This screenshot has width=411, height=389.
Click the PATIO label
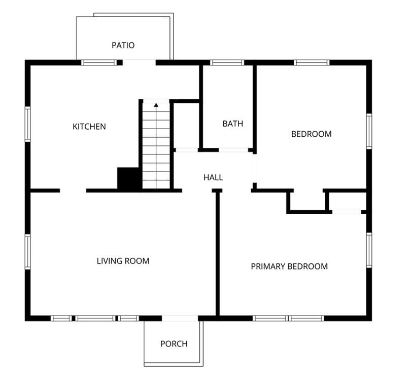coord(123,45)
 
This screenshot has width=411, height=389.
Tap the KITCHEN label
coord(89,127)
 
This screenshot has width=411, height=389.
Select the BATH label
coord(233,124)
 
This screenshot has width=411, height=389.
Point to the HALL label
coord(213,177)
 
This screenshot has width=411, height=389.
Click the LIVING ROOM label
coord(123,261)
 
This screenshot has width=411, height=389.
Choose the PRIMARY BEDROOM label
coord(289,266)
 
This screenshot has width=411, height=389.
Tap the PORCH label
coord(174,343)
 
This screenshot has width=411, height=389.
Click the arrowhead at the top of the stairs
coord(156,105)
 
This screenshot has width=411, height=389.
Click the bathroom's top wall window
coord(227,62)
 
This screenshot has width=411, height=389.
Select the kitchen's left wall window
coord(27,124)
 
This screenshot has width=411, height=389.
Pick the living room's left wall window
coord(27,252)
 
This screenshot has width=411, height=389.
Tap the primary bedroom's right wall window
coord(369,250)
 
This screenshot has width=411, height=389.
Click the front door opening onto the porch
coord(180,319)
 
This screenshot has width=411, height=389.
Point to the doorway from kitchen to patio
coord(139,62)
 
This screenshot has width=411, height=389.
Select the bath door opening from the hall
coord(233,150)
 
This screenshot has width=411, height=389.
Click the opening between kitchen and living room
coord(73,191)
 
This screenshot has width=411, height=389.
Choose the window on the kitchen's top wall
coord(99,62)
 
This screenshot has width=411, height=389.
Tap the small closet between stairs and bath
coord(186,125)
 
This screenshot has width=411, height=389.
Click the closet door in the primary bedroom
coord(347,212)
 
